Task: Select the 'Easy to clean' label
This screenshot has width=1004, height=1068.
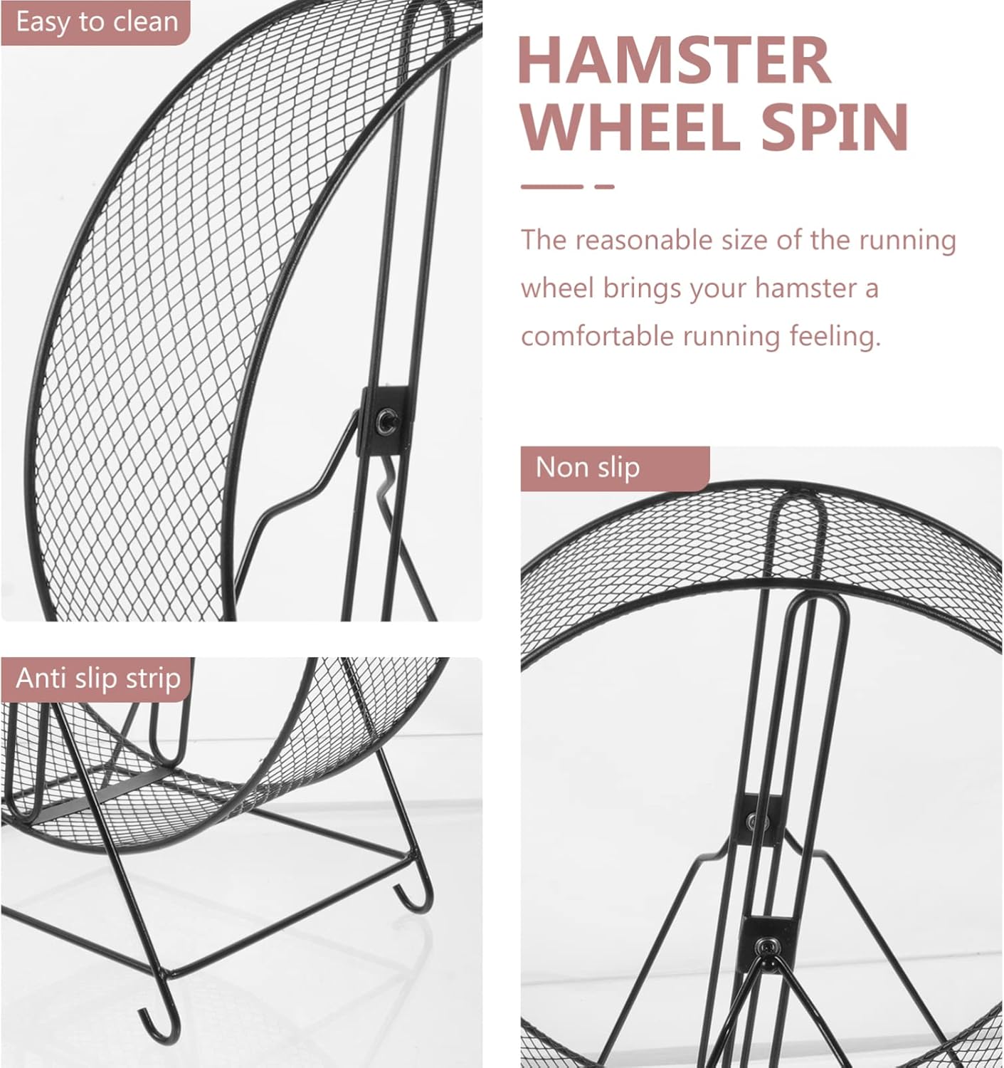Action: point(97,22)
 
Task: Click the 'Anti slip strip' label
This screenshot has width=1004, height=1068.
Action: point(98,678)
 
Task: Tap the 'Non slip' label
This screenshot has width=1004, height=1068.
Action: point(588,467)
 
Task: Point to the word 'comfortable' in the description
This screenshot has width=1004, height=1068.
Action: point(596,335)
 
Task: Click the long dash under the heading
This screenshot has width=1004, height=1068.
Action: point(551,187)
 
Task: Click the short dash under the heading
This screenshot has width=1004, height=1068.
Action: point(604,187)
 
